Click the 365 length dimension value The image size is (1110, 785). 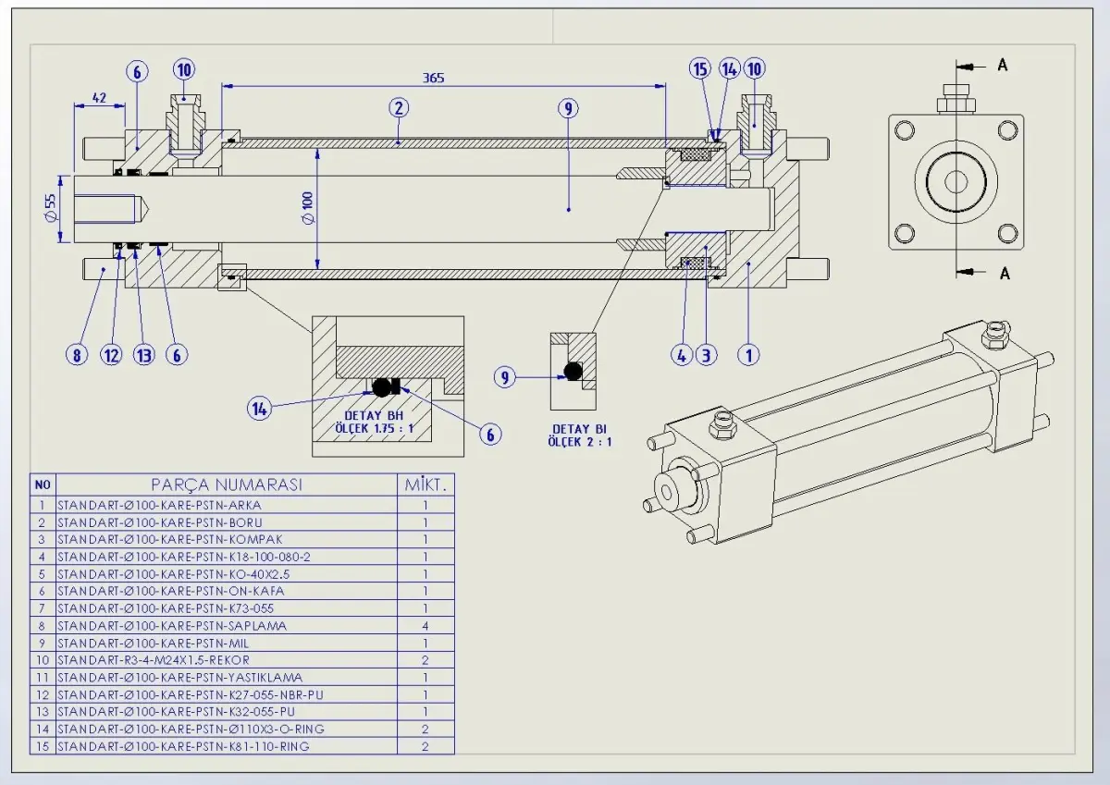pos(433,79)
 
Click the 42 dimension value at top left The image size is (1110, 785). pos(100,96)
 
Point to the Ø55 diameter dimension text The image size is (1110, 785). pos(50,209)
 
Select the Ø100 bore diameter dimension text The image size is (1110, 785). pos(309,209)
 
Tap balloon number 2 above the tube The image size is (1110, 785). pos(399,107)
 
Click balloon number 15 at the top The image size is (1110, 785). pos(700,68)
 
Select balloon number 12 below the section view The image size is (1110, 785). pos(113,353)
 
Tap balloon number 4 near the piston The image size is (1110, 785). pos(683,353)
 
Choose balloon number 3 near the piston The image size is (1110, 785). pos(708,353)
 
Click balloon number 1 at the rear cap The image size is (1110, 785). pos(750,353)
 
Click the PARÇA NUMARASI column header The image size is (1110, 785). pos(227,484)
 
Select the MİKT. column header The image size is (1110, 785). pos(425,484)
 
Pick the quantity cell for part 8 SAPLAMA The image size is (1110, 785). pos(425,626)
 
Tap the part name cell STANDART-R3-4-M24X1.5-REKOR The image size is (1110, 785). pos(154,660)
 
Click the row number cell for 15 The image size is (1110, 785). pos(43,746)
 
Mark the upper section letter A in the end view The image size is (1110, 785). pos(1003,65)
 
